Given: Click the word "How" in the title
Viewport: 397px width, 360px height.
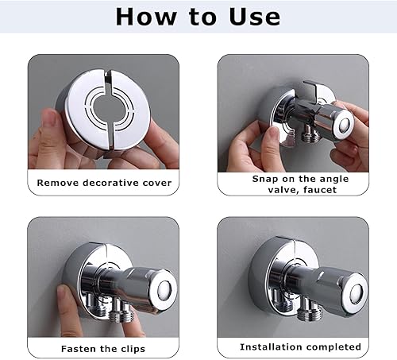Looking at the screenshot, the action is [146, 17].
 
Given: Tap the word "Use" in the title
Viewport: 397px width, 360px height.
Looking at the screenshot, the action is [255, 17].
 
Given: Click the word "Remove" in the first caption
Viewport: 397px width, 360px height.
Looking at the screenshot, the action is [58, 183].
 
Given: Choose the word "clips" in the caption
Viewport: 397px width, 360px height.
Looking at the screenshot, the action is [133, 349].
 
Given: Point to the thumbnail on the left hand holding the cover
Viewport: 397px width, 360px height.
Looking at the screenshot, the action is [50, 117].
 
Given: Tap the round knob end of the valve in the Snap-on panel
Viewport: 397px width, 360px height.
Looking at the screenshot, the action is [344, 125].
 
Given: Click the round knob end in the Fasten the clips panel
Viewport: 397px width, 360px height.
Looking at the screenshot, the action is [164, 288].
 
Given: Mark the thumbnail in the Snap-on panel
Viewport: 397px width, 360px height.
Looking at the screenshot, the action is [273, 134].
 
